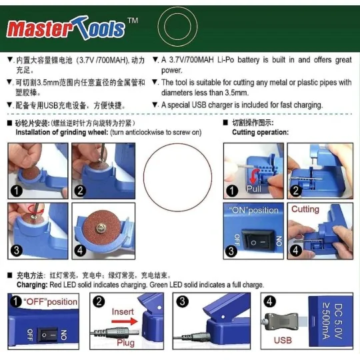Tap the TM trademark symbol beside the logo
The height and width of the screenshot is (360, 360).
[133, 22]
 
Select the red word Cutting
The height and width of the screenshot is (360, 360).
[305, 209]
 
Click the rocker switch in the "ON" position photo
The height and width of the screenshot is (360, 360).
[255, 238]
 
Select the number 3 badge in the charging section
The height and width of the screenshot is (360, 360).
[181, 301]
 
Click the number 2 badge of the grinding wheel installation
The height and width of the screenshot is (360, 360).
[80, 190]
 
